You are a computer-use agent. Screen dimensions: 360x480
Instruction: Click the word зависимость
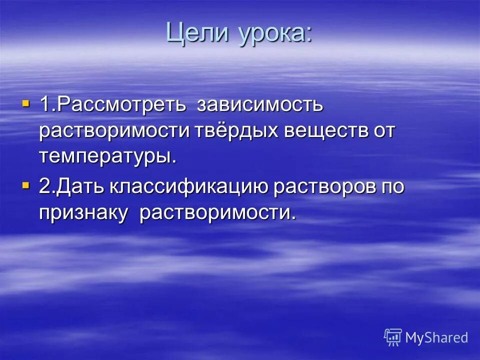[260, 105]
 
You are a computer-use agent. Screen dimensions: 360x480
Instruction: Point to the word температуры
[108, 157]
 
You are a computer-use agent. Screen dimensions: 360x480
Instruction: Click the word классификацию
[188, 187]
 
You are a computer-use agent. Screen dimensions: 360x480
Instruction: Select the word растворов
[322, 187]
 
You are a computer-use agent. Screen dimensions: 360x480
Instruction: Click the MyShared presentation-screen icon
[392, 337]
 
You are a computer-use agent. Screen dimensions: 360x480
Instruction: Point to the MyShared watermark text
[436, 337]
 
